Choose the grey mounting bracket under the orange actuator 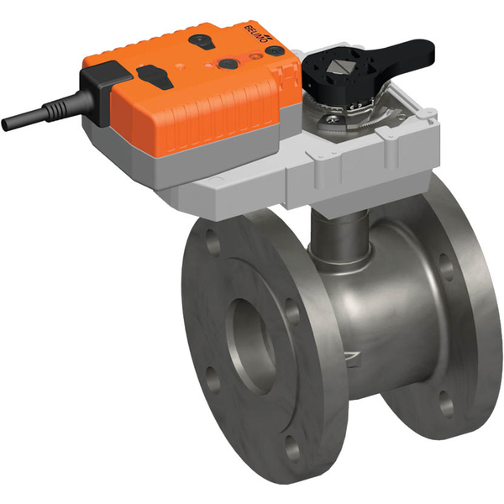coord(252,176)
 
